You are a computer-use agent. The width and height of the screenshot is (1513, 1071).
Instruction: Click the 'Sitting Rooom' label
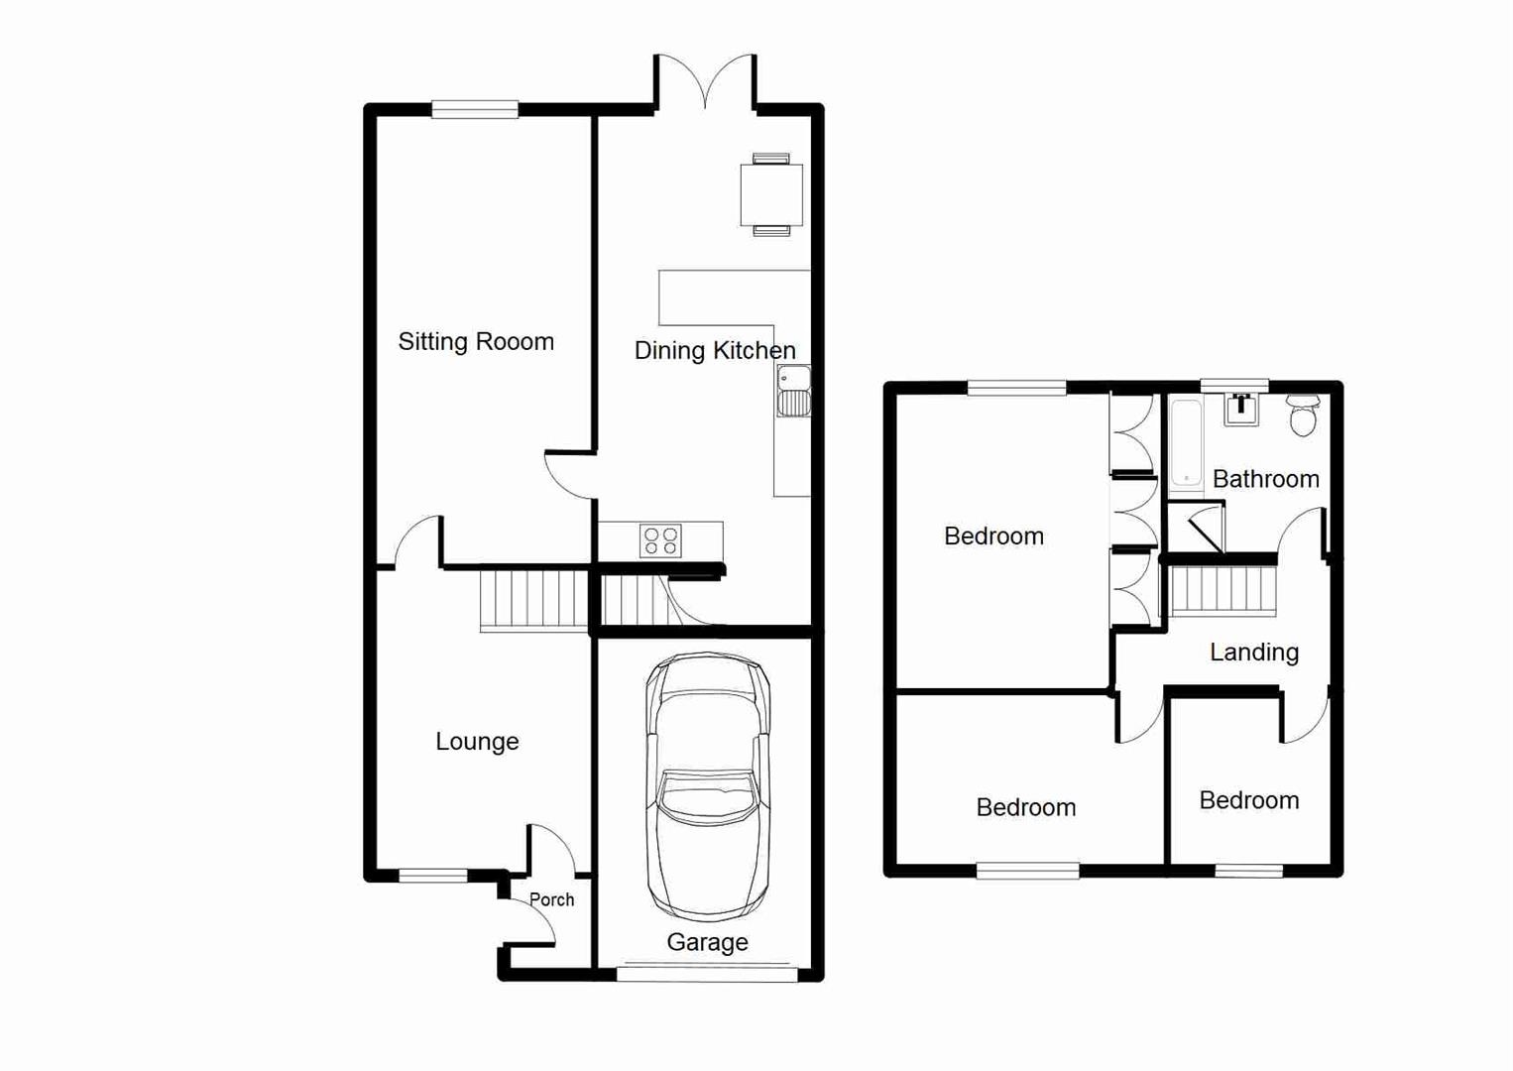point(476,342)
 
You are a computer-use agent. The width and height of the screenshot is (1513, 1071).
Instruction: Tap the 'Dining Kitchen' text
point(714,350)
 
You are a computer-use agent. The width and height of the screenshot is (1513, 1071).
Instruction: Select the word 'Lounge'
point(477,742)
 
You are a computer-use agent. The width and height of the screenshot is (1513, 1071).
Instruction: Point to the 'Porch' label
point(551,899)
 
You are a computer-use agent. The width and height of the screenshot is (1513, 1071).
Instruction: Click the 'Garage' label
point(707,942)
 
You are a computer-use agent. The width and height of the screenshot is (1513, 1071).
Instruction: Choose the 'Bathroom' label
point(1265,479)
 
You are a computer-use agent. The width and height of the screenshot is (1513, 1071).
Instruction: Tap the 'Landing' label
point(1253,653)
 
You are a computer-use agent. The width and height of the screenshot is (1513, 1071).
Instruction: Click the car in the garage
point(708,786)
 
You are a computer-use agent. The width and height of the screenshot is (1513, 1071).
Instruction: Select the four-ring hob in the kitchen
point(660,540)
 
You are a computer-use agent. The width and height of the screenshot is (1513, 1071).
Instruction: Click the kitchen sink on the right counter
point(793,391)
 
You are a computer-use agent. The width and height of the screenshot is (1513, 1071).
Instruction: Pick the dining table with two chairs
point(771,195)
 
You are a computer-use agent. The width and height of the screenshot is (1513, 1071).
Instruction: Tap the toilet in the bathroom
point(1303,416)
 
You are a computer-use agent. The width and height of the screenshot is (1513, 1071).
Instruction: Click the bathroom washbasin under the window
point(1240,409)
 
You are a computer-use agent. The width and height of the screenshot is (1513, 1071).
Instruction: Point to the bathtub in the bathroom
point(1186,446)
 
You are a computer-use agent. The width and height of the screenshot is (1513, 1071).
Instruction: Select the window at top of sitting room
point(475,110)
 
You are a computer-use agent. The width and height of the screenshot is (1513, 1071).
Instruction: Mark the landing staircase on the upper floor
point(1223,591)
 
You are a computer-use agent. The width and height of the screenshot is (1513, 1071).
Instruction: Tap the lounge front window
point(432,875)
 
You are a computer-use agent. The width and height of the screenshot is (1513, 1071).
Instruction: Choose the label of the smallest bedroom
point(1248,800)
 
